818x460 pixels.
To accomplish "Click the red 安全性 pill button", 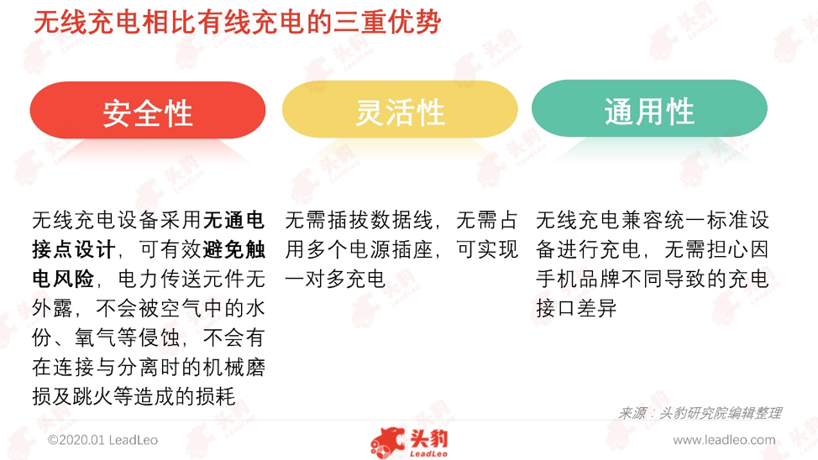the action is pos(148,110).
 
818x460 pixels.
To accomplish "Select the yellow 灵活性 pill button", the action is pos(400,109).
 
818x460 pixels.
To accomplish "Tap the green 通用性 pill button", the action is pos(649,108).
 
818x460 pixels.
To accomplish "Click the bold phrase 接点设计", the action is pos(74,250).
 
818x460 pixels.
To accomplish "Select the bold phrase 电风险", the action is pos(63,279).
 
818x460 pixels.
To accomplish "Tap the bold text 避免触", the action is pos(233,250).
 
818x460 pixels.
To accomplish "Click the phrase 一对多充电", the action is pos(335,279).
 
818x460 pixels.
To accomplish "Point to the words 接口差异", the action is pos(576,308).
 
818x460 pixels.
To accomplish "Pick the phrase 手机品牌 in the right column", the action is pos(578,279).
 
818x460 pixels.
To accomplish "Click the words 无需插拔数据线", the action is pos(359,221).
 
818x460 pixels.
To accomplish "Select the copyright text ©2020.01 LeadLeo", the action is pos(102,440).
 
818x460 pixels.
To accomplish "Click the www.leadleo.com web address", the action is pos(724,440).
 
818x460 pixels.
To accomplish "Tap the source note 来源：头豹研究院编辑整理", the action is pos(700,413).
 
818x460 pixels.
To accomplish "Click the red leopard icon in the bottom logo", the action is pos(388,442).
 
